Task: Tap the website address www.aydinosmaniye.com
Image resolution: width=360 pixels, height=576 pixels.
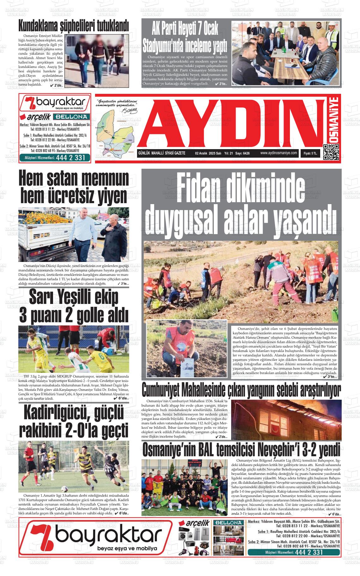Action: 279,153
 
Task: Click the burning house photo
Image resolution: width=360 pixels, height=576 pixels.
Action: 286,420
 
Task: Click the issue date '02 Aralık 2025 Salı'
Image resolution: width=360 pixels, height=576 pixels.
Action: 208,153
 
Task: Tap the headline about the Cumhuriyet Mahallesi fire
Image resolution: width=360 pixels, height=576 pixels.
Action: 241,390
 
